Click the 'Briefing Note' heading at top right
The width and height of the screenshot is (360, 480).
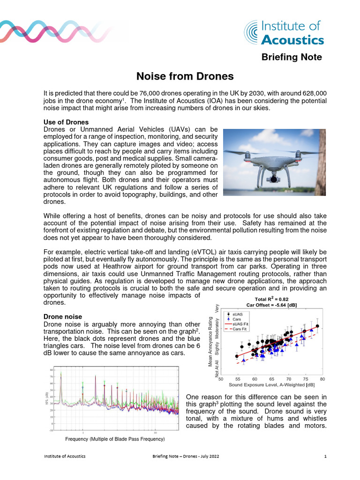(x=292, y=57)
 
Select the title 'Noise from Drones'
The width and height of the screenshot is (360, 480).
(x=185, y=76)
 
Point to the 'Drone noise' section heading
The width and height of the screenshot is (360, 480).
(x=63, y=317)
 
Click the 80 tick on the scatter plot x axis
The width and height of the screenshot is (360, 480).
(x=322, y=379)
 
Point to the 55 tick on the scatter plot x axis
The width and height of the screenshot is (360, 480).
(x=238, y=379)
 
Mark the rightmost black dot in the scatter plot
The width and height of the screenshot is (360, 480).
(x=317, y=326)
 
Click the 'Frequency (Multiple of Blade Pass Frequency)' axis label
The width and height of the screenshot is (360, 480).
(x=114, y=439)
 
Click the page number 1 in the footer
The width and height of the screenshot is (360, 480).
(x=325, y=456)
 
